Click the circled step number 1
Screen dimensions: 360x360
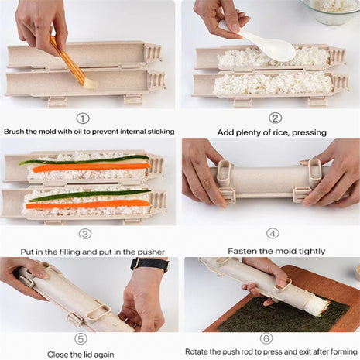coord(83,118)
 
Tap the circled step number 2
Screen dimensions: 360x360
coord(275,118)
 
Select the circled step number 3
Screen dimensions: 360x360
coord(85,233)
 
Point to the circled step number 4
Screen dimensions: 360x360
coord(273,233)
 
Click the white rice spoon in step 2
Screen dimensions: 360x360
coord(268,46)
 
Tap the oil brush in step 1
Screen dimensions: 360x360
coord(73,61)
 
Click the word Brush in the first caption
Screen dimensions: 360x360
coord(16,132)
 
